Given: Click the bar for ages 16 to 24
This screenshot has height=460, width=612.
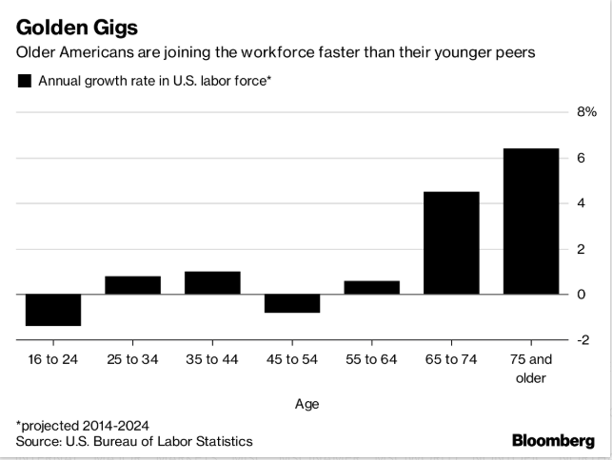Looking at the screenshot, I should [52, 310].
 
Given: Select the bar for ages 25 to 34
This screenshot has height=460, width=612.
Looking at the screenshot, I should [132, 285].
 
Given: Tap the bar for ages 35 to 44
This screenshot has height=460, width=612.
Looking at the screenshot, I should [212, 283].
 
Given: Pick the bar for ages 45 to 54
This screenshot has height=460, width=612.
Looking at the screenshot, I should [291, 303].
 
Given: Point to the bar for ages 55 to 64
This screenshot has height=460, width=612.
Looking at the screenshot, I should [371, 287].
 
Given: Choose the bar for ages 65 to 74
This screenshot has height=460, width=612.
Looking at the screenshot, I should [451, 243].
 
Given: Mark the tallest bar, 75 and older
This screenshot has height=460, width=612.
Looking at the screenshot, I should [531, 221].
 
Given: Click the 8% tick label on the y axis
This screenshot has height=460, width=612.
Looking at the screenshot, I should [583, 112].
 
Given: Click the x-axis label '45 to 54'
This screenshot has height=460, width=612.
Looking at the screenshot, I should [291, 361].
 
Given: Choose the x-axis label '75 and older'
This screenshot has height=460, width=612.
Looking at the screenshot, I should [531, 370].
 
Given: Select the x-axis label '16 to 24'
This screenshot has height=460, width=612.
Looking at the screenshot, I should [52, 361].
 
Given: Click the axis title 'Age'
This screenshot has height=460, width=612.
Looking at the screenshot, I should [306, 404].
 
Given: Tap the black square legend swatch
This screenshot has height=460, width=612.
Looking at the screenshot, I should [24, 82].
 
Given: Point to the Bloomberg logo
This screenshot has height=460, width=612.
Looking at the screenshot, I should [553, 441].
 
